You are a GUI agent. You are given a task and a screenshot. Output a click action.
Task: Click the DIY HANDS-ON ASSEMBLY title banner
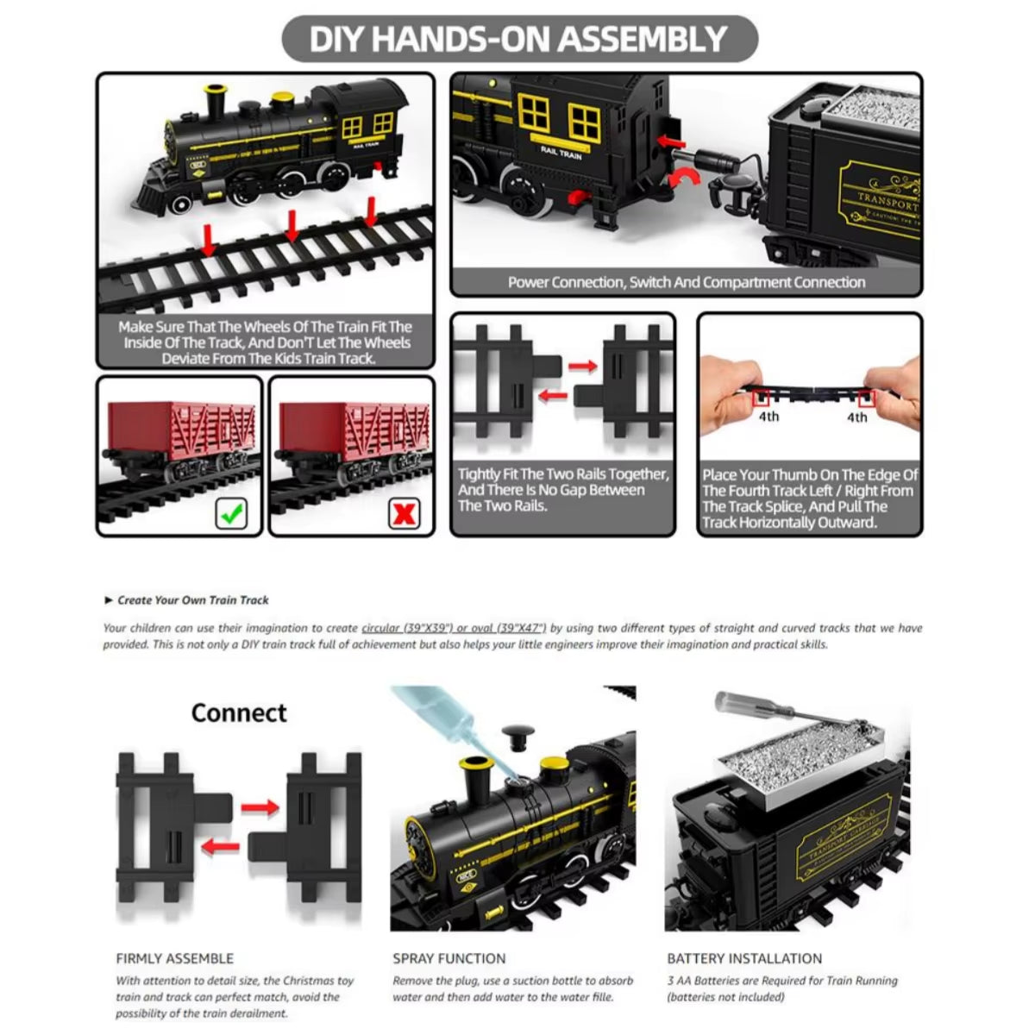[x=518, y=39]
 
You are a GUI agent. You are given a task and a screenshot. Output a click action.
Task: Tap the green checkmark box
[x=229, y=514]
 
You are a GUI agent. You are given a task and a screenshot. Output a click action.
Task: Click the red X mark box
[x=404, y=514]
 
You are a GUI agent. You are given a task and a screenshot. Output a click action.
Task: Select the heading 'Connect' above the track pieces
[x=239, y=713]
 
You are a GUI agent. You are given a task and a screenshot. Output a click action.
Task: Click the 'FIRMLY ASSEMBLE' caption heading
[x=175, y=958]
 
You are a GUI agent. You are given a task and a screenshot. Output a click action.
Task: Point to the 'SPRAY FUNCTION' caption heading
[x=448, y=958]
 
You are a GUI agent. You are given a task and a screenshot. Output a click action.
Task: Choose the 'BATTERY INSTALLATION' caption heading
[x=743, y=958]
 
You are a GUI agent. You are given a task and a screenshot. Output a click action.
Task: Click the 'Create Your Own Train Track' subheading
[x=192, y=600]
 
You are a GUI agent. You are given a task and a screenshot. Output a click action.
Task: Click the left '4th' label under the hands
[x=768, y=417]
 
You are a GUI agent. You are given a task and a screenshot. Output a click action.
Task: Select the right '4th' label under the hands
[x=856, y=417]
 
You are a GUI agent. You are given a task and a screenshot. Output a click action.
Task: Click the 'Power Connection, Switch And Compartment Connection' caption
[x=686, y=282]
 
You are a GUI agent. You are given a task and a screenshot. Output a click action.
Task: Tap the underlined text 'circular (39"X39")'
[x=407, y=629]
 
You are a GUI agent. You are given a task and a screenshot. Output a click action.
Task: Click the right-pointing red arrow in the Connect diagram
[x=260, y=808]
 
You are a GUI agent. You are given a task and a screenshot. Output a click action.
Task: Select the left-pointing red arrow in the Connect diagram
[x=220, y=847]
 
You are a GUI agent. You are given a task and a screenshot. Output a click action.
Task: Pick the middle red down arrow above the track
[x=292, y=226]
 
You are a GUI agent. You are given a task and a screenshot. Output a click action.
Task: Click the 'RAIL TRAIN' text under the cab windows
[x=561, y=153]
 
